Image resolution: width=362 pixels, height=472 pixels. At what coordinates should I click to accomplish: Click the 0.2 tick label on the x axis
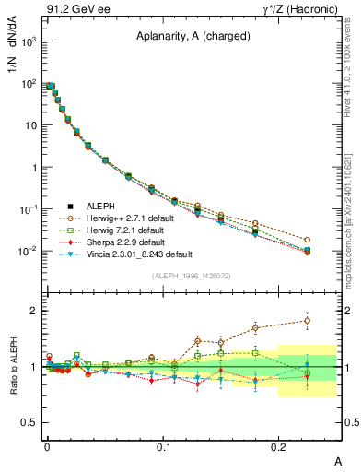(278, 446)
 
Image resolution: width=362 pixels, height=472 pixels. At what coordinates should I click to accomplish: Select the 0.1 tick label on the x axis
(162, 446)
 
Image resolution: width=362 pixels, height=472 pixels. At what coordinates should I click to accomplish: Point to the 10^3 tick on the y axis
(26, 42)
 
